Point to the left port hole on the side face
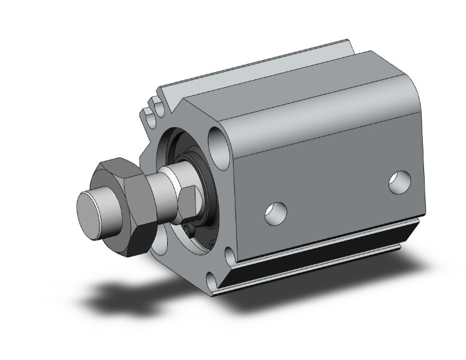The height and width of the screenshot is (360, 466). pyautogui.click(x=275, y=213)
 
